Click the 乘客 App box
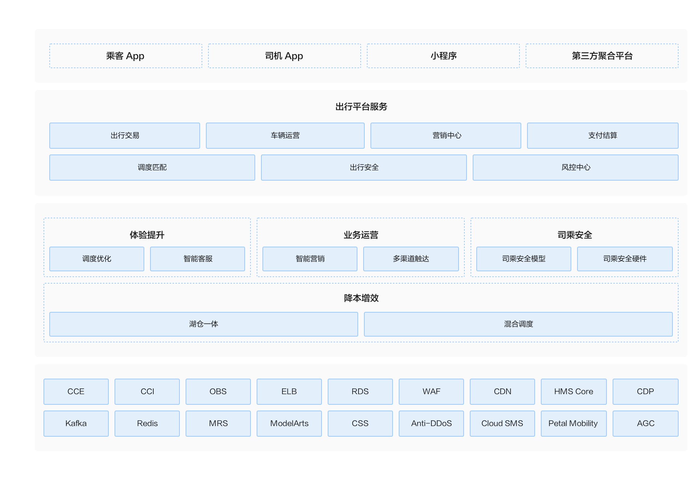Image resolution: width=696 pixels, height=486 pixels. click(126, 56)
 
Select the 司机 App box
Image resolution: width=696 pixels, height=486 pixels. click(285, 56)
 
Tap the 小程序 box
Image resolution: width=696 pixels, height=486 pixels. click(443, 56)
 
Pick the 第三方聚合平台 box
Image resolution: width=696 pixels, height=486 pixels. click(602, 56)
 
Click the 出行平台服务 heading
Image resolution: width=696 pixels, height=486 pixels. click(361, 107)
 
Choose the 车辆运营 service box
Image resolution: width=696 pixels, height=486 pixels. click(285, 136)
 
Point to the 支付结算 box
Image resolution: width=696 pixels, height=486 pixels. click(603, 136)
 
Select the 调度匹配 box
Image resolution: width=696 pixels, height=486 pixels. click(152, 168)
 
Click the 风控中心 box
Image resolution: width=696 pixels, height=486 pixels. click(576, 168)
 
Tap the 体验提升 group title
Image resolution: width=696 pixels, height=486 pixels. click(147, 235)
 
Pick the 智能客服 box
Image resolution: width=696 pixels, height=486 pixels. click(198, 259)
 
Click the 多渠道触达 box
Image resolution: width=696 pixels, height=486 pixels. click(411, 259)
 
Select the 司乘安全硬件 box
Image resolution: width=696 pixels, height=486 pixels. click(625, 259)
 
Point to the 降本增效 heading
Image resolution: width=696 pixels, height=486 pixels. click(361, 298)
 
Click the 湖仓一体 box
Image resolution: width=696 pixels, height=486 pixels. click(204, 324)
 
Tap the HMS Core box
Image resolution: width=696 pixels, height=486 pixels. click(574, 392)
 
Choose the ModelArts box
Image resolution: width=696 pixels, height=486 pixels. click(289, 424)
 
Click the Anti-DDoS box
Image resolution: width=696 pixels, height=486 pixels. click(431, 424)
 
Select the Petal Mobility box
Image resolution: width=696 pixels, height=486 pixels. click(574, 424)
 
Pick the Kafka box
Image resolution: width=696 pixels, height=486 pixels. click(76, 424)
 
